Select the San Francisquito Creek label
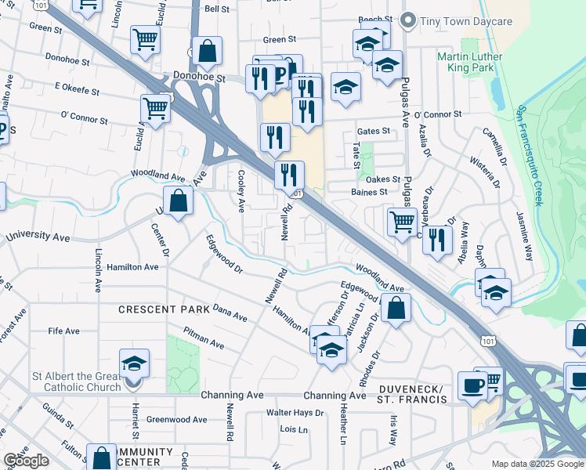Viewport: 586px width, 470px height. pos(530,156)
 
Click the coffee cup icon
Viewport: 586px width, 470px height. pos(473,385)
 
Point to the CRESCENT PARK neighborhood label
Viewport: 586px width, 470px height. pos(164,309)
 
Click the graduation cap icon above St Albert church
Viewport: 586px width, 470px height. pos(135,363)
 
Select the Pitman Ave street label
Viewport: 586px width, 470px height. pos(203,341)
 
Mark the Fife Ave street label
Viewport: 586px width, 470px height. pos(63,331)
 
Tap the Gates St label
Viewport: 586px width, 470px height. pos(373,132)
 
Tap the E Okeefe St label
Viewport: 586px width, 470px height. pos(77,91)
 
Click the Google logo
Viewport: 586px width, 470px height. pos(26,461)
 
